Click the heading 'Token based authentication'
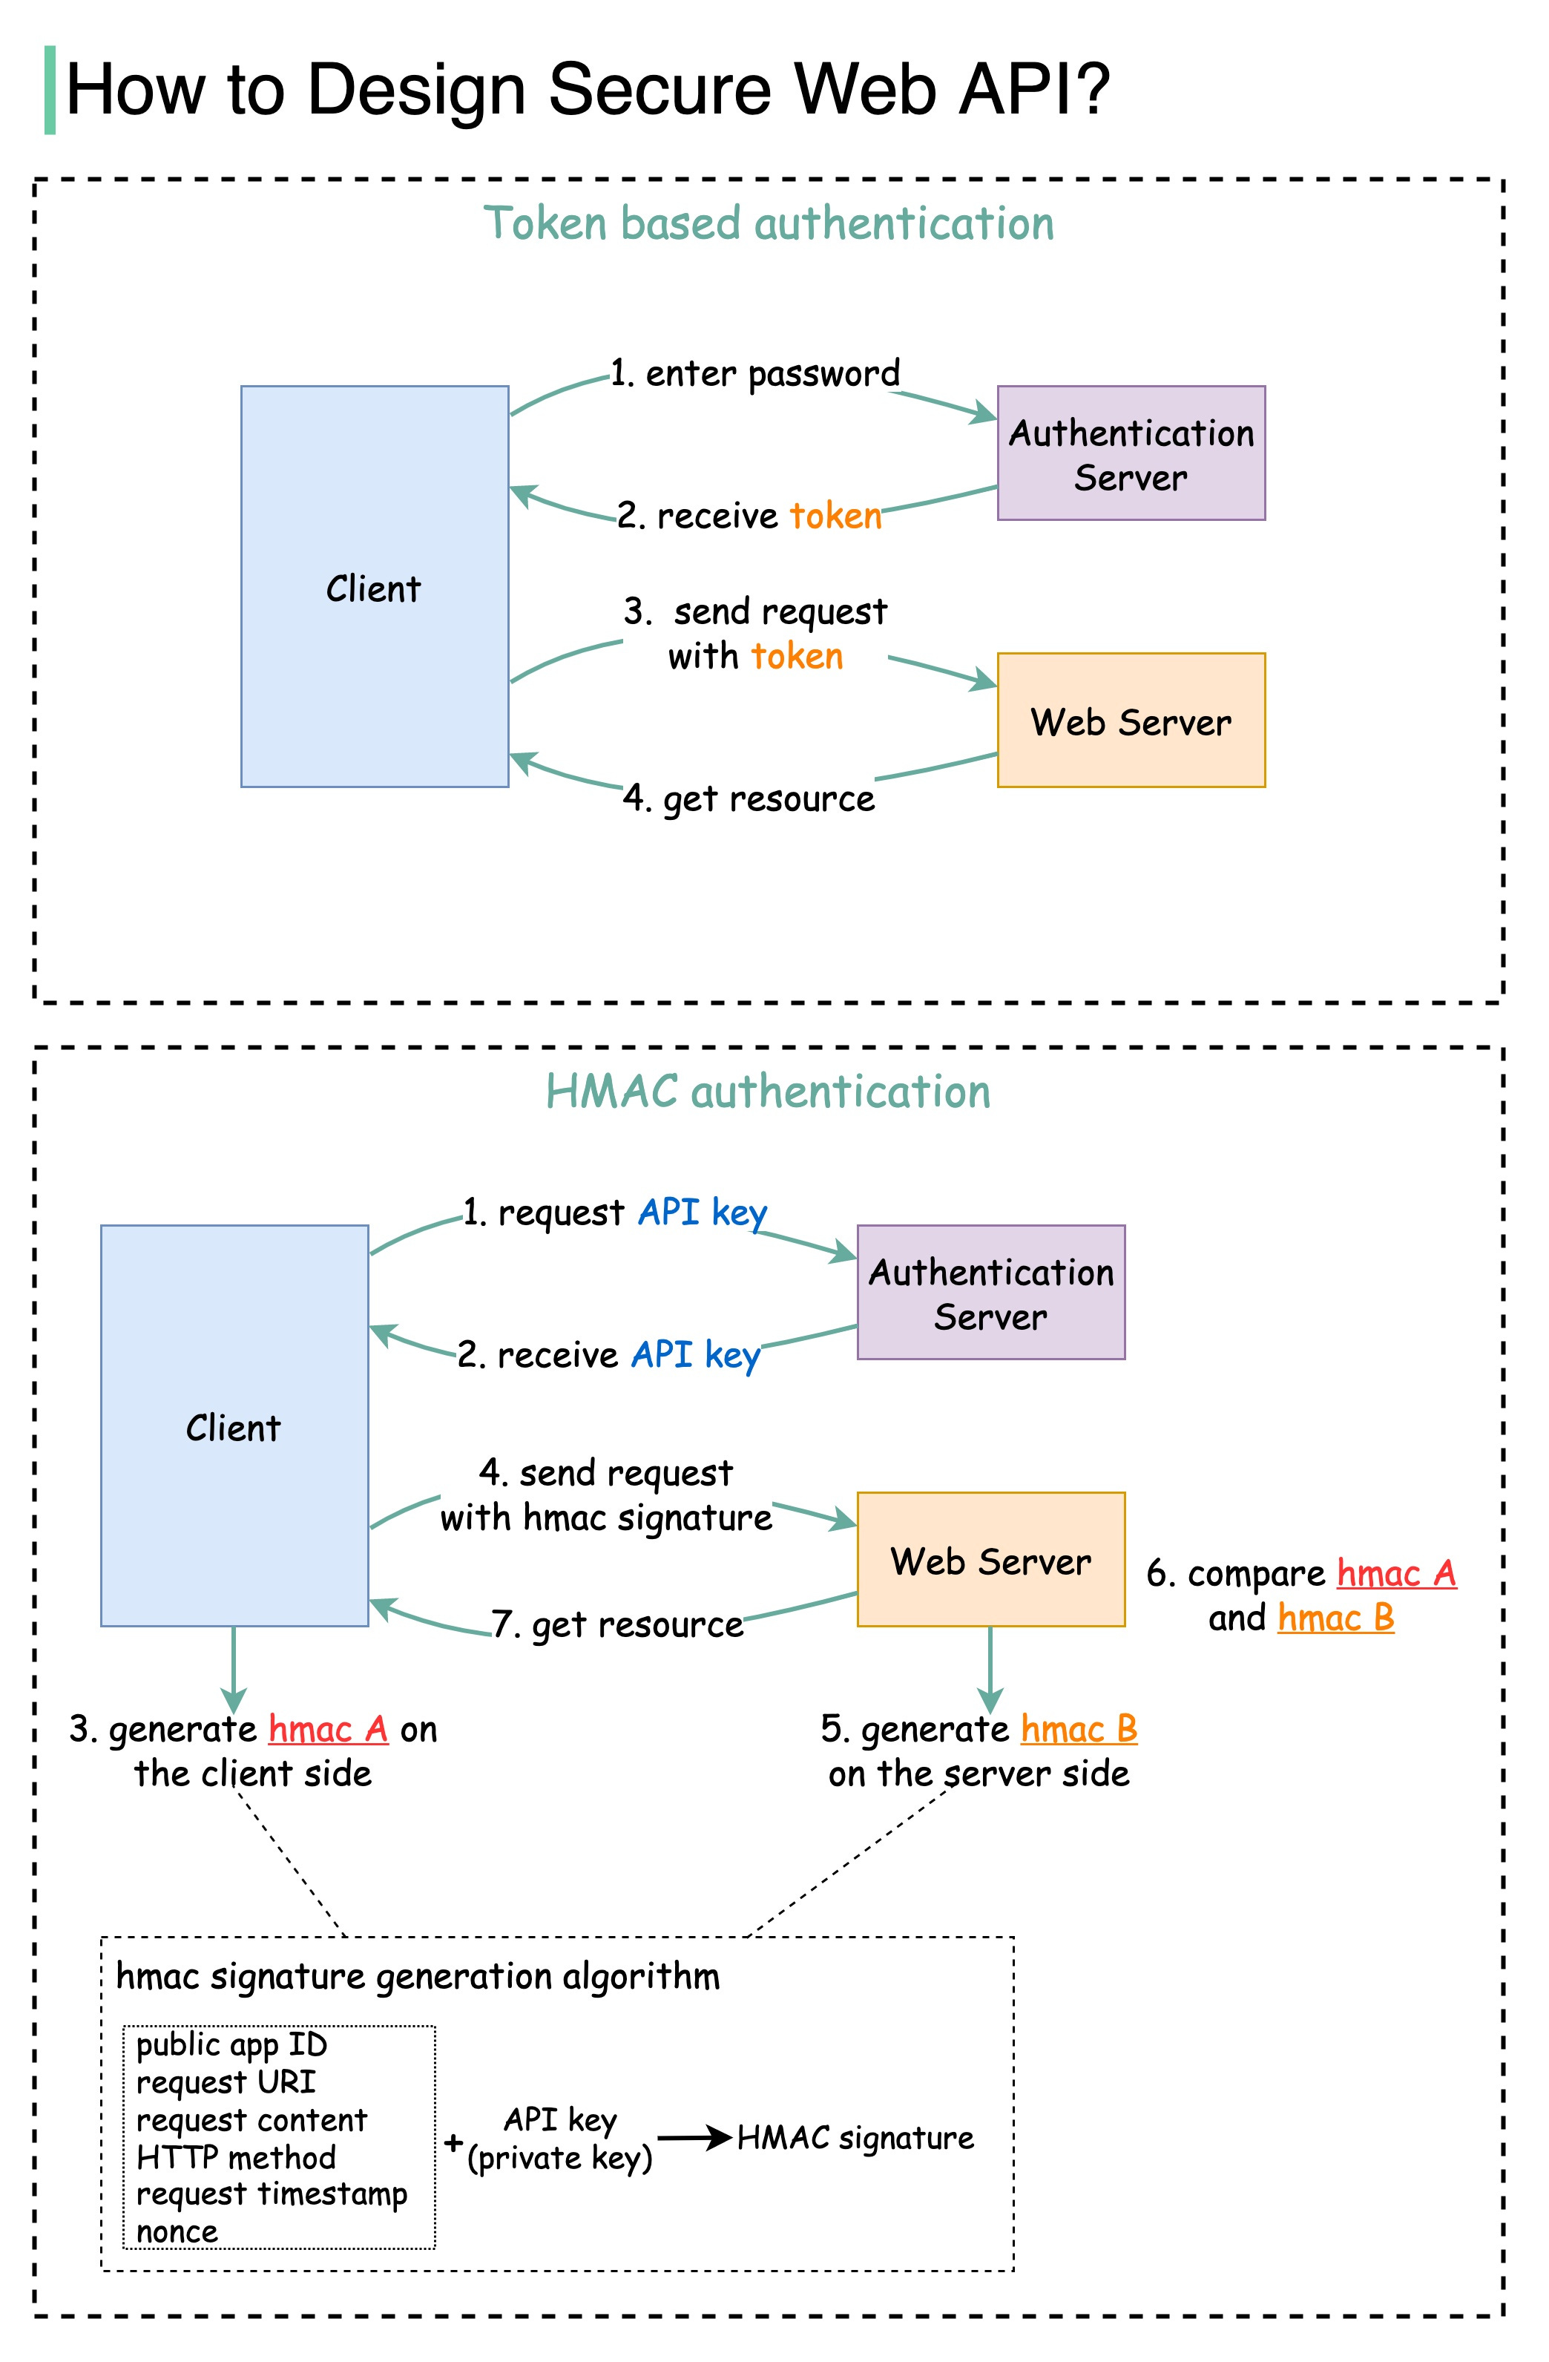point(768,223)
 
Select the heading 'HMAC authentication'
point(768,1092)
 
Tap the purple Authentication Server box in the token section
point(1131,453)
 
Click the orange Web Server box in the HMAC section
point(990,1561)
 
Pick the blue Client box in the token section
point(374,588)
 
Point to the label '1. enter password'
point(754,373)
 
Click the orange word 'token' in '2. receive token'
point(835,516)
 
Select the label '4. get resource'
point(749,798)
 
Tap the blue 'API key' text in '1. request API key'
point(703,1213)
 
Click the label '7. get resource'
point(617,1624)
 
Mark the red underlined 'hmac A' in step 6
point(1396,1574)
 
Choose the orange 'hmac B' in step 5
point(1079,1729)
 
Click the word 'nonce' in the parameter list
point(177,2232)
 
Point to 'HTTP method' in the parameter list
point(236,2157)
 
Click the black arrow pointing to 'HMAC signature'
point(694,2138)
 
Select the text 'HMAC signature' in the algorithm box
point(855,2138)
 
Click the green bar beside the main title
point(50,89)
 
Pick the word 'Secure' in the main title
point(659,89)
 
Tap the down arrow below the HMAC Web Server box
point(990,1669)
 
